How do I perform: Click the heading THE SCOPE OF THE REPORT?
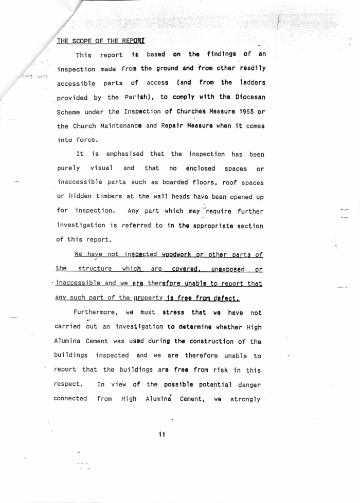pos(101,41)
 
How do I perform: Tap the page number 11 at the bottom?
pos(161,434)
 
